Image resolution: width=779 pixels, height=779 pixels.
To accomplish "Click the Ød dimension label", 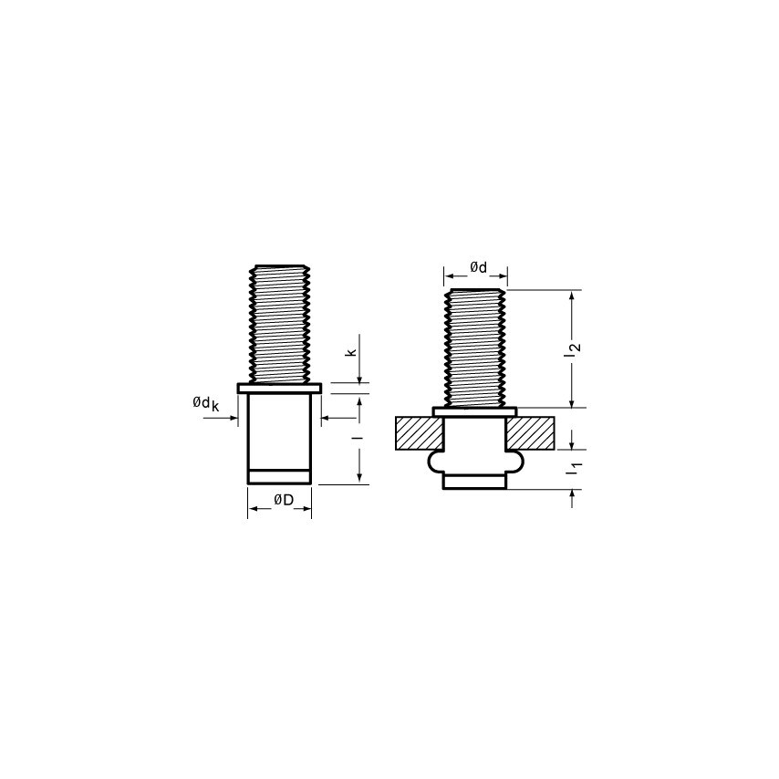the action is (x=478, y=268).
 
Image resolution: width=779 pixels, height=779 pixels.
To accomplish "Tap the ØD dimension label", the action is (x=283, y=500).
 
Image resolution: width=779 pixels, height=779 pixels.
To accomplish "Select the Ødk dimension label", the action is (x=205, y=404).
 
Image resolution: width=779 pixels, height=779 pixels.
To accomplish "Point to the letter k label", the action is (x=351, y=352).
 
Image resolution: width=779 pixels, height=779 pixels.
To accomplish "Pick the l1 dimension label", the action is (x=574, y=470).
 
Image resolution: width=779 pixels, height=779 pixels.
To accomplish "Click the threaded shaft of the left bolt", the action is (x=280, y=324).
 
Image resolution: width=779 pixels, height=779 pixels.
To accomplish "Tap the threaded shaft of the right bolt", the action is (x=475, y=348).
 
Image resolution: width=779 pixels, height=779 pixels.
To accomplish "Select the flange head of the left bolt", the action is (x=279, y=388).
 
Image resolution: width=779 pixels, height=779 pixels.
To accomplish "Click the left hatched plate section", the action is (x=419, y=433).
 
